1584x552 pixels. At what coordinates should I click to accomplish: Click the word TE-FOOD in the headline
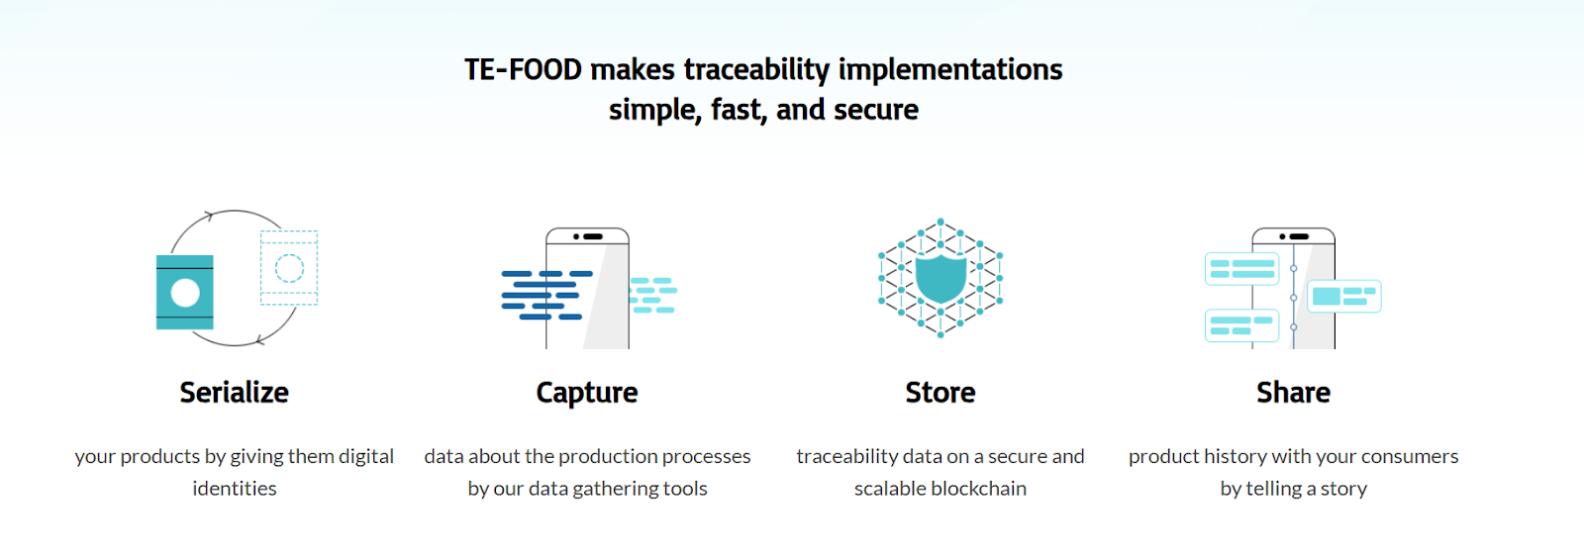coord(524,70)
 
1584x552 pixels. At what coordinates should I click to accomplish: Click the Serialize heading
coord(234,393)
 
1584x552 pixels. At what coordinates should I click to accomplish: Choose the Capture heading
coord(587,394)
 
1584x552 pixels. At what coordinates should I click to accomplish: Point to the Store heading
coord(940,393)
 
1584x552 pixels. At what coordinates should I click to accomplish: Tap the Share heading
coord(1293,393)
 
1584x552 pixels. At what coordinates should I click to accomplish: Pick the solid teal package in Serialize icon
coord(184,292)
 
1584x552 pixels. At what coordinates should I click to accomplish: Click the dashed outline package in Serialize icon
coord(289,268)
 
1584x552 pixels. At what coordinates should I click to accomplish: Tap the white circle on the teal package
coord(185,293)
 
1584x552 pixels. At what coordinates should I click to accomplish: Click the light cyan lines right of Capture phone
coord(652,296)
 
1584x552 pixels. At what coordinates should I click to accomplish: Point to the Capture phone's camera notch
coord(588,236)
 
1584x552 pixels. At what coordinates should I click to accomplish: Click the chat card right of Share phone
coord(1344,296)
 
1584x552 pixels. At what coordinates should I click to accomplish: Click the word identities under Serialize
coord(235,489)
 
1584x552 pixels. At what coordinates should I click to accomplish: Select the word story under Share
coord(1344,489)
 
